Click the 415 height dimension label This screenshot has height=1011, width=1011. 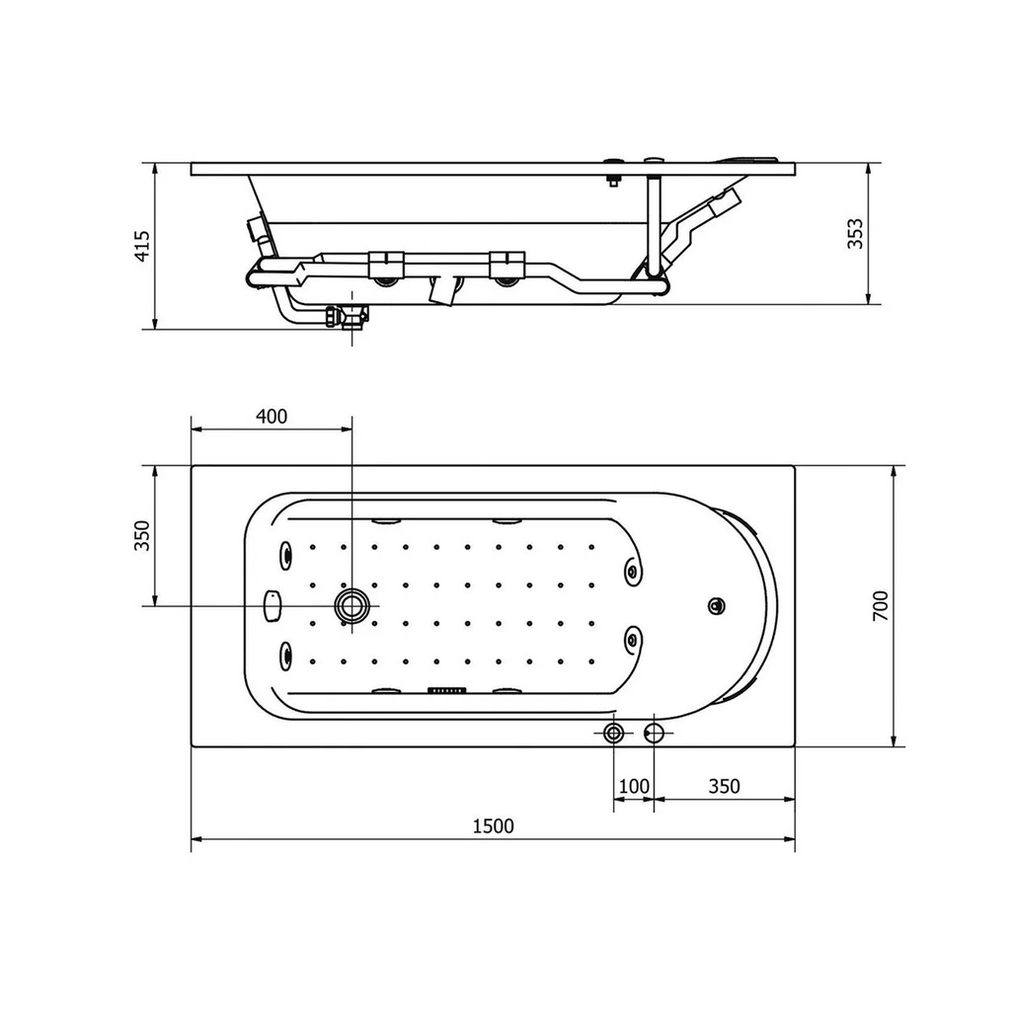pyautogui.click(x=143, y=246)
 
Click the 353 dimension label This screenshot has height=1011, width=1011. pyautogui.click(x=856, y=234)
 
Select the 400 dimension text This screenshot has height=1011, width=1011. pyautogui.click(x=272, y=416)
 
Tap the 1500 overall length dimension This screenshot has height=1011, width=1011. pyautogui.click(x=494, y=826)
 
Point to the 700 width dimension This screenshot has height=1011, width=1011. pyautogui.click(x=882, y=605)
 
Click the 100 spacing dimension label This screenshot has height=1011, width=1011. pyautogui.click(x=634, y=786)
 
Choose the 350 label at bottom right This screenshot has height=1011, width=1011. pyautogui.click(x=724, y=786)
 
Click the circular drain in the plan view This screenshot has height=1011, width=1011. pyautogui.click(x=351, y=605)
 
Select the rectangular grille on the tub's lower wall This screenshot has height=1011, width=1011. pyautogui.click(x=446, y=691)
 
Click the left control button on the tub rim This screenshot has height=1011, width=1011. pyautogui.click(x=614, y=732)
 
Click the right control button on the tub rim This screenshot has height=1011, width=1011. pyautogui.click(x=655, y=732)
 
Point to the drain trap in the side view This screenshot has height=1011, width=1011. pyautogui.click(x=348, y=318)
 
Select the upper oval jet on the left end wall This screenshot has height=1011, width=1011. pyautogui.click(x=287, y=555)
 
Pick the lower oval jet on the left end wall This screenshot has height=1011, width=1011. pyautogui.click(x=287, y=654)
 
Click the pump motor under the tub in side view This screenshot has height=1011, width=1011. pyautogui.click(x=444, y=290)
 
